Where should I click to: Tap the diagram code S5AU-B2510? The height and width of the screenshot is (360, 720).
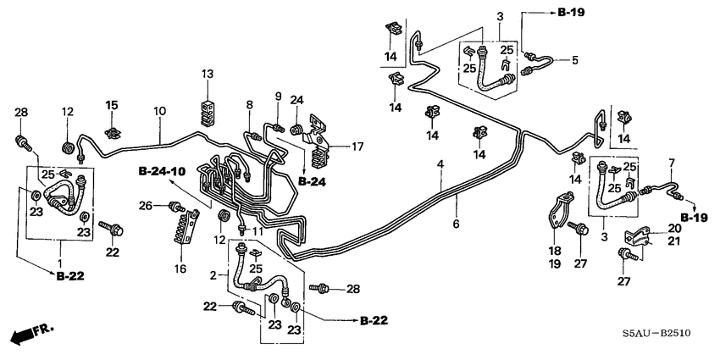[654, 335]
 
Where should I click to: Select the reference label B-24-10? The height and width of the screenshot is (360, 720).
[163, 171]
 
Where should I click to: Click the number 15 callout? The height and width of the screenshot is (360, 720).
[111, 105]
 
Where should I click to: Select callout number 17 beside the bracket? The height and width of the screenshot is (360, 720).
[358, 147]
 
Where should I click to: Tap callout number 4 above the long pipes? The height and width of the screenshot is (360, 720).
[440, 163]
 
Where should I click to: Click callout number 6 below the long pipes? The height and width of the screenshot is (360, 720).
[455, 224]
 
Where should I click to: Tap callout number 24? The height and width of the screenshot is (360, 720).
[297, 100]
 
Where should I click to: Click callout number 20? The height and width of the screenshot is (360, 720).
[673, 229]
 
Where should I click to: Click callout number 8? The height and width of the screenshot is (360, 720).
[249, 104]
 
